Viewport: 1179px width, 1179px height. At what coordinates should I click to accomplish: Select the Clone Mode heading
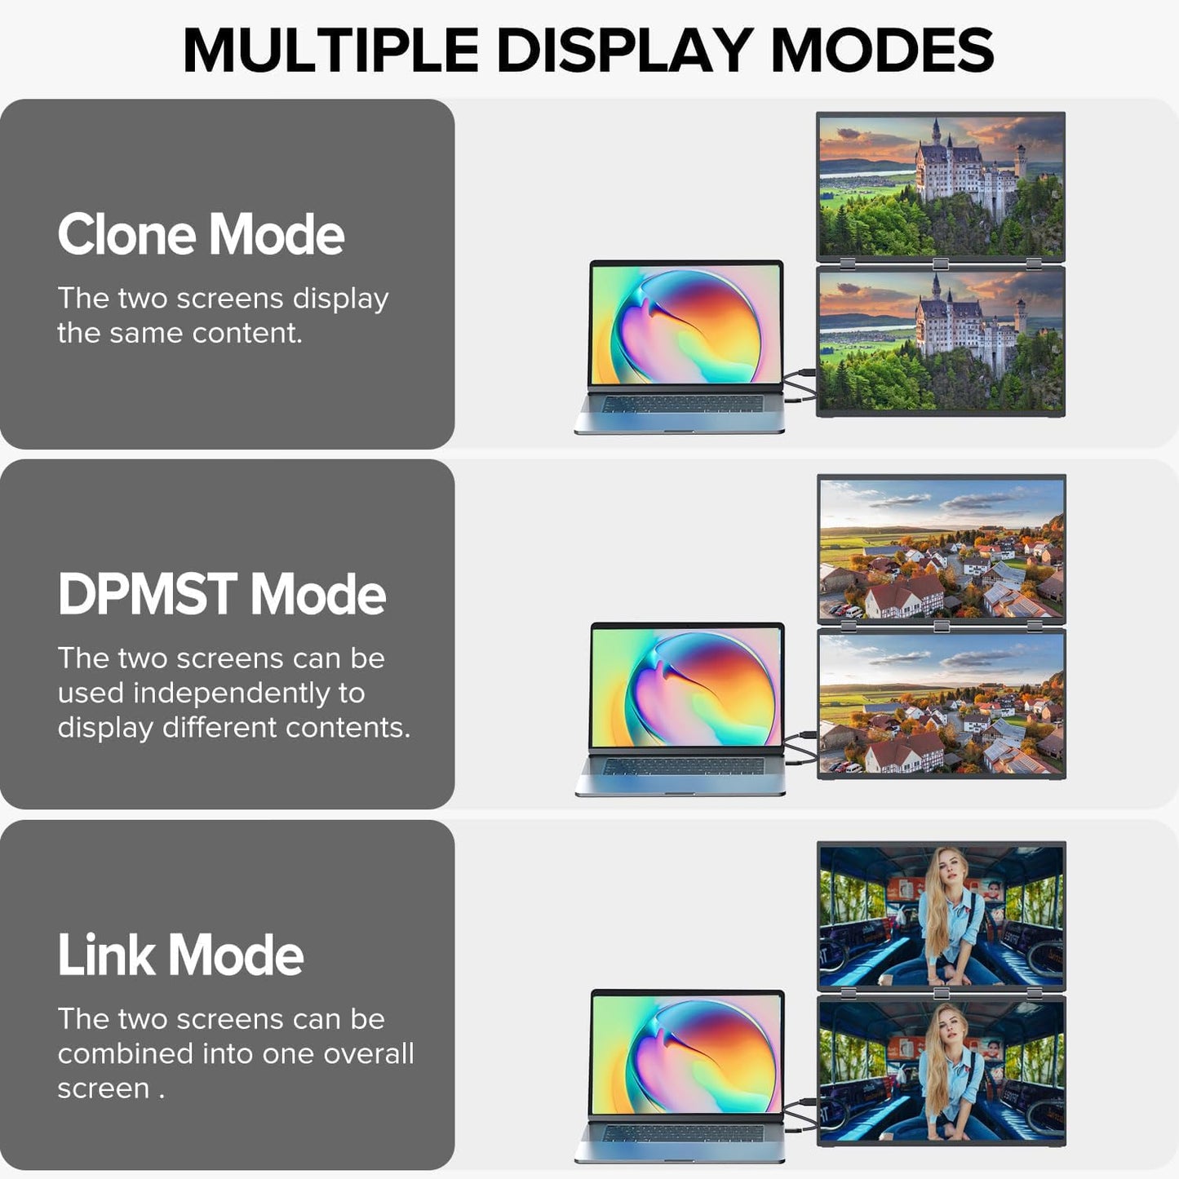click(x=201, y=235)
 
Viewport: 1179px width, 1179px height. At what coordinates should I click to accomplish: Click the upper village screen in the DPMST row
click(x=942, y=548)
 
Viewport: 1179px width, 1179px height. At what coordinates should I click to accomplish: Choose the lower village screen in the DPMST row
click(x=942, y=703)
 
